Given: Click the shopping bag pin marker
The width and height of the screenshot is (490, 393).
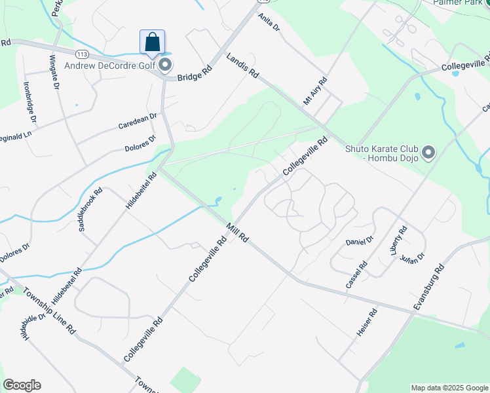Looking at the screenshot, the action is click(x=152, y=43).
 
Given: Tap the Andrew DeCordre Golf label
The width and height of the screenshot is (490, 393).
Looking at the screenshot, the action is click(x=109, y=64).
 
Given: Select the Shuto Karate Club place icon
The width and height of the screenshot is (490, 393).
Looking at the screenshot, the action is click(x=429, y=153).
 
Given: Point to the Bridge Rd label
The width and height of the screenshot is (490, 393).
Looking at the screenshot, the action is click(x=195, y=72).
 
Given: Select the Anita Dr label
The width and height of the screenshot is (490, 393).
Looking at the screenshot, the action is click(x=269, y=24).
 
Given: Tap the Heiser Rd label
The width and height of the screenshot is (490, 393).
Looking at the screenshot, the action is click(x=367, y=322).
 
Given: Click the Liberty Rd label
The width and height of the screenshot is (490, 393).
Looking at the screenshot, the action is click(x=400, y=240).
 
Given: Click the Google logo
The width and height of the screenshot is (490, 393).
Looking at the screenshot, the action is click(x=22, y=385).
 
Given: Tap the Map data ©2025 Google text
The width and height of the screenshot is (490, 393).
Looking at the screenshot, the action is click(x=449, y=388).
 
